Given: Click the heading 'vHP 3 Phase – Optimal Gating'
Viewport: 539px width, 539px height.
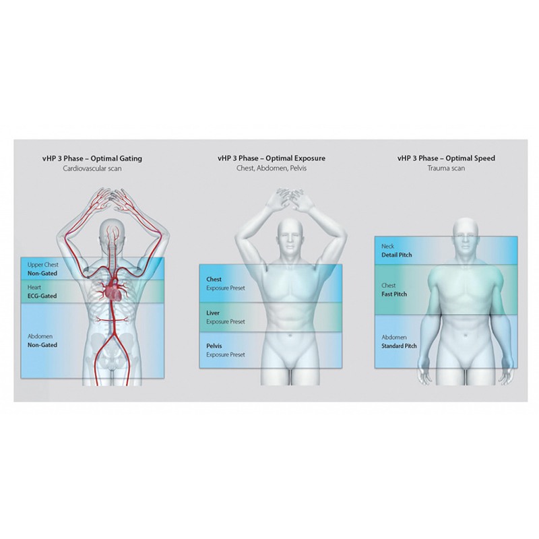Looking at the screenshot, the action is click(92, 158).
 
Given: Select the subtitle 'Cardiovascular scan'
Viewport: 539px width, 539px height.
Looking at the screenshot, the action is click(92, 168).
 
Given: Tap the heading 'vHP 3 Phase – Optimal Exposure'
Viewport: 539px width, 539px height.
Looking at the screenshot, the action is click(272, 158).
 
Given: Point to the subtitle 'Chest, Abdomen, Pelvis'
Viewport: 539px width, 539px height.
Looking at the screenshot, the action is click(272, 168).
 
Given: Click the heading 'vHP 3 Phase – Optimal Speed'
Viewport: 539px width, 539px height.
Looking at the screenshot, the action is click(446, 158).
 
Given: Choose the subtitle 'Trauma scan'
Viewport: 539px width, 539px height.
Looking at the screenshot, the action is click(446, 168).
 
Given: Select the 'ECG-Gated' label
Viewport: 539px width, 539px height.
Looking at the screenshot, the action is click(42, 296).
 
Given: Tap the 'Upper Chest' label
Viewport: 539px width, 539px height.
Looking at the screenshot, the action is click(43, 265).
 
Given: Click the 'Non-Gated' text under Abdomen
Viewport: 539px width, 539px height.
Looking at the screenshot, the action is click(42, 345).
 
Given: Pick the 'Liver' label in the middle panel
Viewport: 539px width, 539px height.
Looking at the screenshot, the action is click(213, 313).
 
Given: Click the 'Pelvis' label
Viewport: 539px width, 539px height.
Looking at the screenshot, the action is click(214, 346).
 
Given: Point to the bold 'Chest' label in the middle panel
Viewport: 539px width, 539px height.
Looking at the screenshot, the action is click(214, 279).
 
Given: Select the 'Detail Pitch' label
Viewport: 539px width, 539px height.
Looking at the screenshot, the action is click(397, 255).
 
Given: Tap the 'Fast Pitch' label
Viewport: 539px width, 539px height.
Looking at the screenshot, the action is click(394, 294).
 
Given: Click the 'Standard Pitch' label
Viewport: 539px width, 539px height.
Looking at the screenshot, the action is click(399, 346).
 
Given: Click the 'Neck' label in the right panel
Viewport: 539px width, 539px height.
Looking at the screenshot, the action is click(388, 246).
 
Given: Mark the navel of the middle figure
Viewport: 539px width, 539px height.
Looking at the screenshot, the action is click(290, 334).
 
